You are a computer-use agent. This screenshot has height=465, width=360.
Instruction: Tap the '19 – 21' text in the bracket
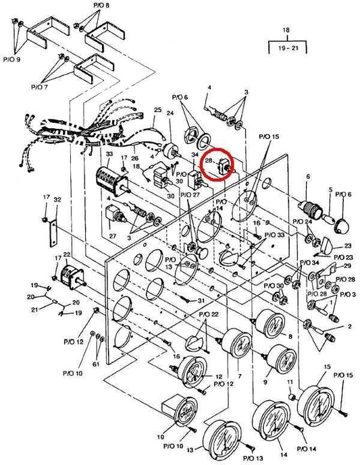(x=288, y=47)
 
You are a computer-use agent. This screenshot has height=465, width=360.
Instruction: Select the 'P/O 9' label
(x=12, y=59)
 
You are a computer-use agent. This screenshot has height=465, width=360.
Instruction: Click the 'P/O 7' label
(x=39, y=87)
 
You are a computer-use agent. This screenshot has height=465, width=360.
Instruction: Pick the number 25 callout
(x=158, y=110)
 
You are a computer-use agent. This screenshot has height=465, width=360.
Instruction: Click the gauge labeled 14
(x=272, y=418)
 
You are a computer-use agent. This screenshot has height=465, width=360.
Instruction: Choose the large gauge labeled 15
(x=316, y=404)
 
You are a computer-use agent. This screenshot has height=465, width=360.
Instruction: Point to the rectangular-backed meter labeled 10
(x=180, y=410)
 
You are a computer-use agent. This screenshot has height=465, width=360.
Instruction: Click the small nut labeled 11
(x=291, y=397)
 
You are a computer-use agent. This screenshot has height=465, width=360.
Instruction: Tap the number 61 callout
(x=96, y=364)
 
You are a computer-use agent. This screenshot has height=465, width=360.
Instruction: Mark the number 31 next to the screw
(x=201, y=301)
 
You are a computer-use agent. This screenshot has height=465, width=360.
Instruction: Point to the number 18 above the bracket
(x=286, y=30)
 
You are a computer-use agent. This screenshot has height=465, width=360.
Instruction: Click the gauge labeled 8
(x=269, y=323)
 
